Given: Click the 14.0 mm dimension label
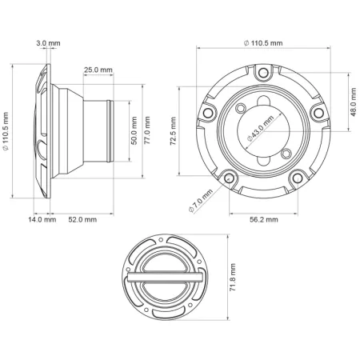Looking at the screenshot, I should pos(42,218).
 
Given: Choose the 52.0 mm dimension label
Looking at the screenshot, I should pos(82,218).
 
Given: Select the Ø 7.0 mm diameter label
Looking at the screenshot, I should pos(200,197).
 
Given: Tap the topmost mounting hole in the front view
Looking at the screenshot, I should pos(260,74).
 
